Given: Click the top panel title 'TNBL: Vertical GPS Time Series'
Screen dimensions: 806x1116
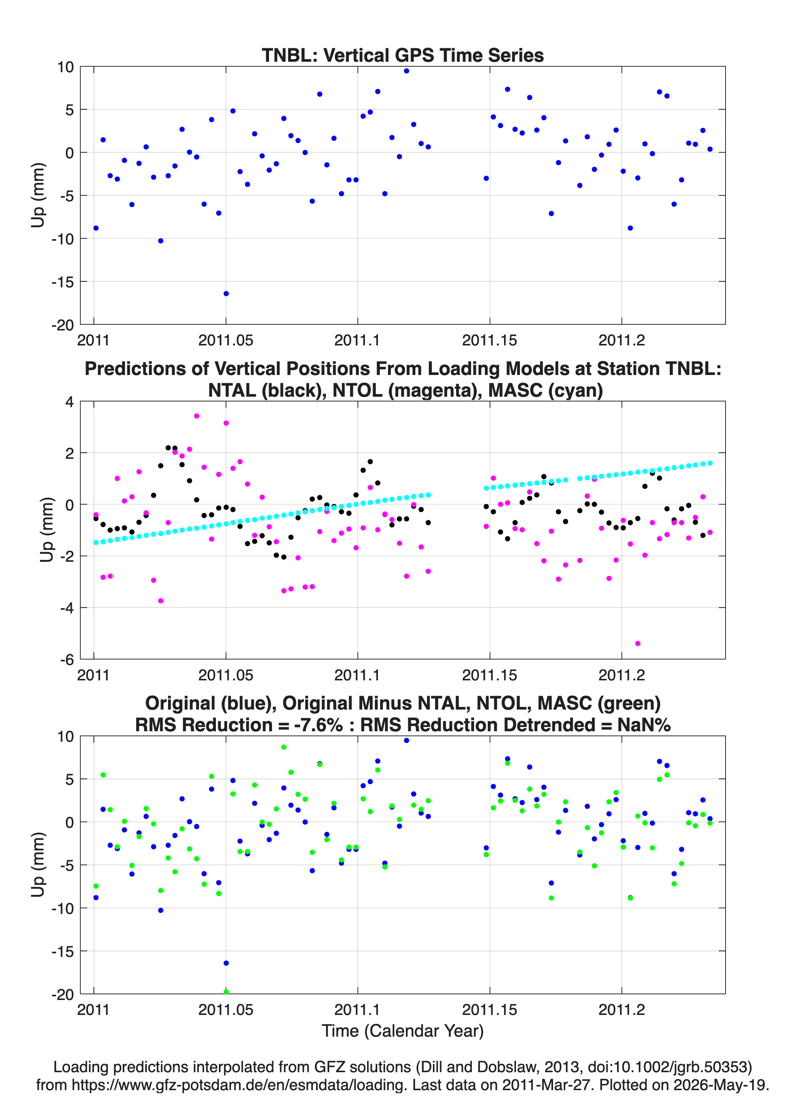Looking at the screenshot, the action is click(403, 55).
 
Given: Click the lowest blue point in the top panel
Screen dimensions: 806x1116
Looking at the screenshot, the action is click(226, 294).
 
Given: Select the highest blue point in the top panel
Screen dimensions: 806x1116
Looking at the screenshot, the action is click(406, 71).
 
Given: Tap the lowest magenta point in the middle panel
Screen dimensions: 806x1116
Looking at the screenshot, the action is click(638, 644).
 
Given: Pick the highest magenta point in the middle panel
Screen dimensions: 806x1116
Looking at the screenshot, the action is click(196, 416).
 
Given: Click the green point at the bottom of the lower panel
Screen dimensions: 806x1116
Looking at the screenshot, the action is click(226, 992).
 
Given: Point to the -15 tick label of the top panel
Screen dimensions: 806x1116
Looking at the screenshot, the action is click(62, 282).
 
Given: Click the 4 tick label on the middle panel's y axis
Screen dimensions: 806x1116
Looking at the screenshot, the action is click(69, 402).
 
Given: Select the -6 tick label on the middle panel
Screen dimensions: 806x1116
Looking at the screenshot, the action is click(67, 660).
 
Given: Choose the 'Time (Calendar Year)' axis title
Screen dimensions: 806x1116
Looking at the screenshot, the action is click(403, 1031).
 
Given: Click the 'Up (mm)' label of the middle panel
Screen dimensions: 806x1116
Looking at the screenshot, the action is click(46, 530).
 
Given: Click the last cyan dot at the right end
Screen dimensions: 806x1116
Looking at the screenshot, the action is click(710, 463).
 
